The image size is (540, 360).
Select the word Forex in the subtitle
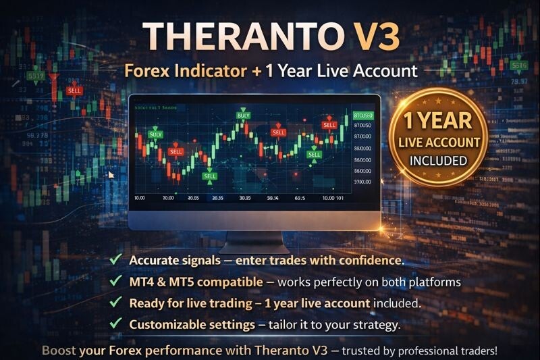pyautogui.click(x=148, y=70)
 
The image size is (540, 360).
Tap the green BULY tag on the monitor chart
pyautogui.click(x=244, y=115)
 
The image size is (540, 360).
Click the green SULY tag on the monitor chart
pyautogui.click(x=155, y=134)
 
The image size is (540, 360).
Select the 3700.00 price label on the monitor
pyautogui.click(x=362, y=182)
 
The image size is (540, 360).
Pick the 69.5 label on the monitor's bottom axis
pyautogui.click(x=300, y=198)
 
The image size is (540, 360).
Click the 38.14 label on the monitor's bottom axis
pyautogui.click(x=273, y=198)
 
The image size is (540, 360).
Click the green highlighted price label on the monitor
pyautogui.click(x=363, y=115)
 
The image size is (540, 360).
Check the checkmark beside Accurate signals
pyautogui.click(x=115, y=259)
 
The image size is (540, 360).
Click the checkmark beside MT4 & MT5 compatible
pyautogui.click(x=115, y=281)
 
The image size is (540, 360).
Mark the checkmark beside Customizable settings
pyautogui.click(x=115, y=324)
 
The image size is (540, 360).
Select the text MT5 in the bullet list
pyautogui.click(x=176, y=281)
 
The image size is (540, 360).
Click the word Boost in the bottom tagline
pyautogui.click(x=61, y=350)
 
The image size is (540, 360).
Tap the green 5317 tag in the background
pyautogui.click(x=36, y=76)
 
